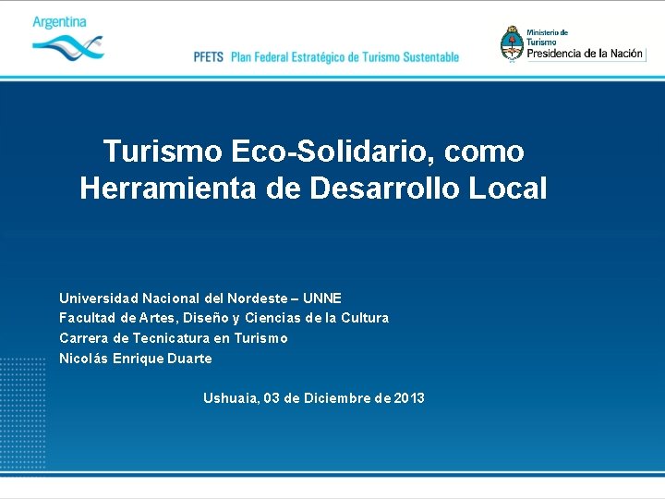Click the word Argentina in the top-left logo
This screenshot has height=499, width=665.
point(59,22)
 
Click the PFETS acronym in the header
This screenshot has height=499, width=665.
point(209,57)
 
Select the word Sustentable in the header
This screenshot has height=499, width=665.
point(427,57)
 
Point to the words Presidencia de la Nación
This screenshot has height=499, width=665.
point(585,54)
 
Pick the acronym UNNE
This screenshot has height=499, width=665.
point(322,298)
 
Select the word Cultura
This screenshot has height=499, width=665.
point(365,318)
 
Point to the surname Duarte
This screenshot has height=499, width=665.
point(190,359)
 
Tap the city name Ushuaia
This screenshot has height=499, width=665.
point(231,398)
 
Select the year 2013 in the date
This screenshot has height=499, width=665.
point(409,398)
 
